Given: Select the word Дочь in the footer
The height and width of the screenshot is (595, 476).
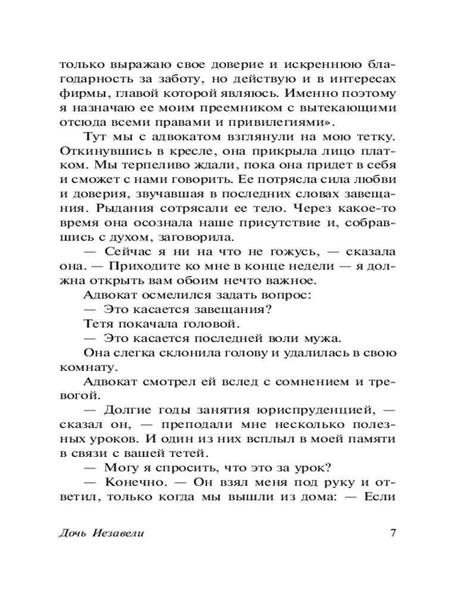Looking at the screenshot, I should [x=73, y=533].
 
